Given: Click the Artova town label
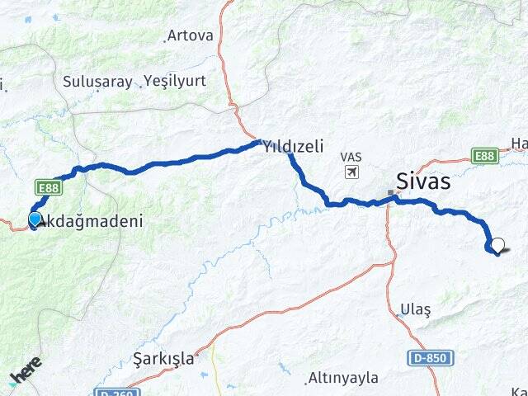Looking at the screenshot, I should point(190,35).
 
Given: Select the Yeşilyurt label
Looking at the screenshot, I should point(175,81).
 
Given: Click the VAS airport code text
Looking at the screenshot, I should point(352,157).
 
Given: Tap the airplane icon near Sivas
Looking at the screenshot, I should point(353,172).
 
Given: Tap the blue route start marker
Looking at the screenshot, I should point(35,219).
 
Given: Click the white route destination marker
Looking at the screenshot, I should point(497,245).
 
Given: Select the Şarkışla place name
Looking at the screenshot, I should point(163,359).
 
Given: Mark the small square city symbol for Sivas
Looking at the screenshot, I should point(390,193).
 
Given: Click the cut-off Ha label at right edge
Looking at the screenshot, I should point(519,144).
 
